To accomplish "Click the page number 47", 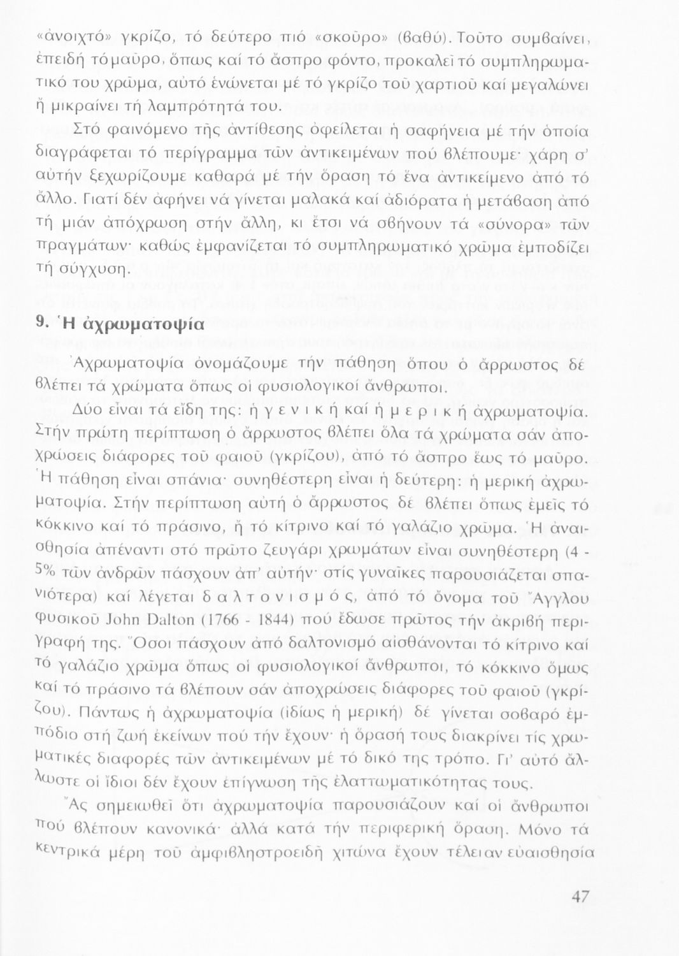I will click(x=580, y=896).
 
